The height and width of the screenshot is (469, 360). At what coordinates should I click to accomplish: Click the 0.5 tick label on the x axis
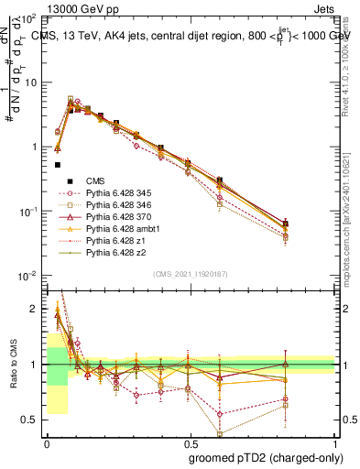pos(190,442)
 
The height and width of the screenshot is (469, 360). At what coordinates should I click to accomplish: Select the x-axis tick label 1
pos(335,442)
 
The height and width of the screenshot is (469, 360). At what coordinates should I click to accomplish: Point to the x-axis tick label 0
pos(46,442)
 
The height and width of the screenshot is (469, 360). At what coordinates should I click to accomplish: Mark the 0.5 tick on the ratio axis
pos(30,420)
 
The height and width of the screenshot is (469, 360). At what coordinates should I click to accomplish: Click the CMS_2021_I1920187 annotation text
pos(190,272)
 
